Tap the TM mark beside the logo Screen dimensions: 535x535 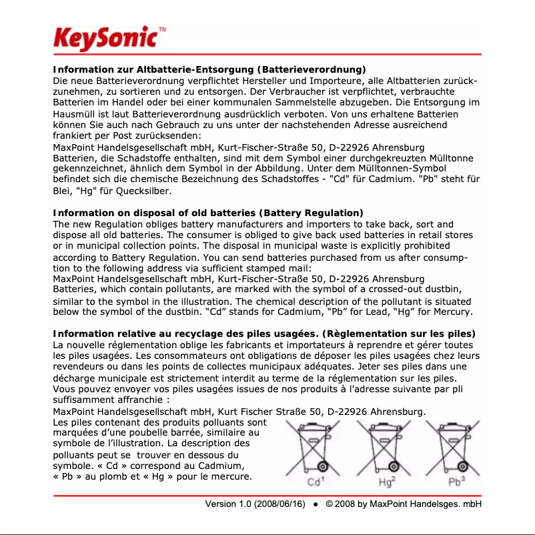163,29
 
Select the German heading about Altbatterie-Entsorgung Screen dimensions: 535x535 209,69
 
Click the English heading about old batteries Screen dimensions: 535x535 207,213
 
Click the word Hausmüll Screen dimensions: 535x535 76,115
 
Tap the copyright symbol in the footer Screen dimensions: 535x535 330,504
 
